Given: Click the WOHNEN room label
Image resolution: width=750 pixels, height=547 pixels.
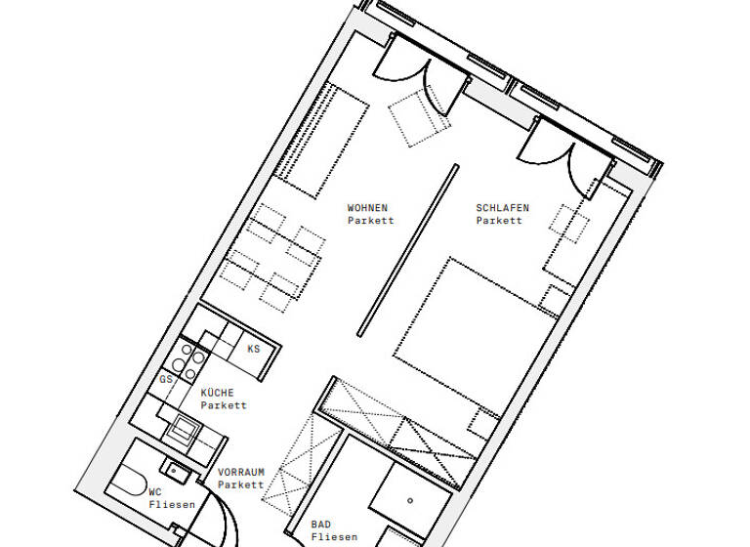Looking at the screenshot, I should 368,208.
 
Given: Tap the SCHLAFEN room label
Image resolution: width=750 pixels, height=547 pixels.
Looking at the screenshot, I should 502,208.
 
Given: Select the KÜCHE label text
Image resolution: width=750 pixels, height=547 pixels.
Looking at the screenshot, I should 217,393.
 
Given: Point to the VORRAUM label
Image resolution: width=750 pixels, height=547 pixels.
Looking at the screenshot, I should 240,472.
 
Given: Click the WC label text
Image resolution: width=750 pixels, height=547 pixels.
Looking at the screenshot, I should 154,491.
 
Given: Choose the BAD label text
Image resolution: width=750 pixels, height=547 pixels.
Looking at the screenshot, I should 321,525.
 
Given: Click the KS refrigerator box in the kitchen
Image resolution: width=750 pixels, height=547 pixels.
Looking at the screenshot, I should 253,349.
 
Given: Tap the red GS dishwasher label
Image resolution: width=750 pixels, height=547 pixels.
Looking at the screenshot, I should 166,379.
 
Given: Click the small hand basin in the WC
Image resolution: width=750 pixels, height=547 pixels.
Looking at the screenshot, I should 174,466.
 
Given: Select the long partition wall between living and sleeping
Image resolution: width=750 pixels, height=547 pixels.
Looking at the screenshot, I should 408,250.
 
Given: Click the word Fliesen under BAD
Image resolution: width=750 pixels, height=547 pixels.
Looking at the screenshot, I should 334,537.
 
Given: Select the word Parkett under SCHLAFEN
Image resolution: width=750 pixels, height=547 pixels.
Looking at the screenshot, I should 499,221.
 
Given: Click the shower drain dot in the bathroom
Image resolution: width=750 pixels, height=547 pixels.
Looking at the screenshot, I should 410,499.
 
